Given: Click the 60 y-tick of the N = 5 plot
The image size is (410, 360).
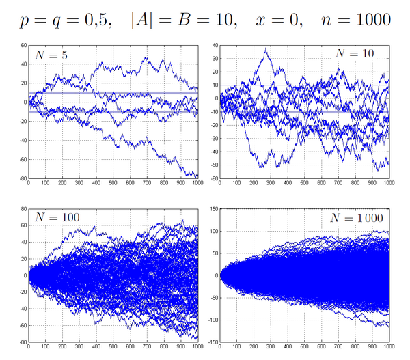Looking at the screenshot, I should click(x=23, y=46).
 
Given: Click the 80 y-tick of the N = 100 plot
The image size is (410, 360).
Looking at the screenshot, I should click(x=23, y=210).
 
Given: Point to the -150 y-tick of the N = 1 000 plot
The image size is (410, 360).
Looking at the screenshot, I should click(x=211, y=341).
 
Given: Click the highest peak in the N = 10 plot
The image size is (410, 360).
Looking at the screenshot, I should click(x=266, y=49).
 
